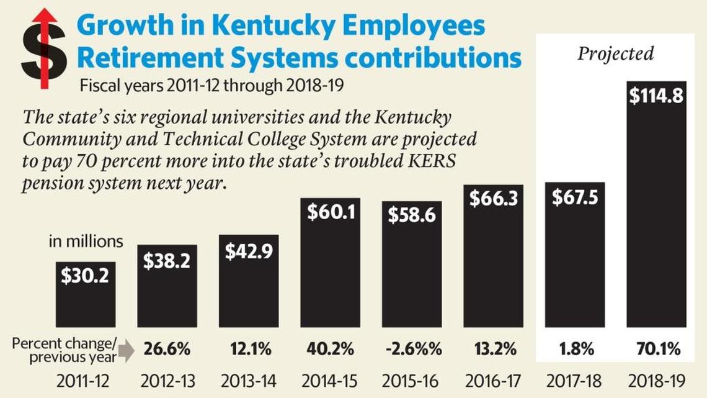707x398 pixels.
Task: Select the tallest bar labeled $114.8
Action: click(x=656, y=205)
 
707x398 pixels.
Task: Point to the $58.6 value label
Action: click(x=411, y=215)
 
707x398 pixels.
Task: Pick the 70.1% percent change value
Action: click(x=657, y=350)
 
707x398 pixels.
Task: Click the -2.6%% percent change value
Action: click(x=413, y=350)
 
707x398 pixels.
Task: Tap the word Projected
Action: click(x=615, y=54)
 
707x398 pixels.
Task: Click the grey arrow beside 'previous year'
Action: click(x=125, y=351)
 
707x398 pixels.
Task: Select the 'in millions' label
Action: click(x=86, y=242)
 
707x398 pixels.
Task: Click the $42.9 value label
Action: click(x=248, y=251)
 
